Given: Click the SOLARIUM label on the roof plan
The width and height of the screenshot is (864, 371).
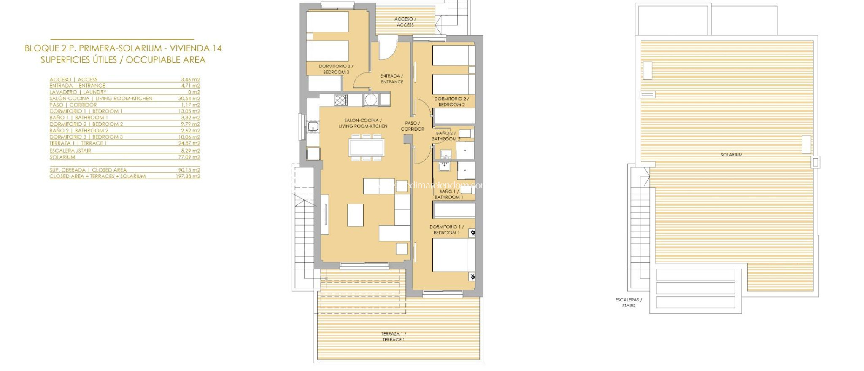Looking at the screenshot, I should [x=732, y=155].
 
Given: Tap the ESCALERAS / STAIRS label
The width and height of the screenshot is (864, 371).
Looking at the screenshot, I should [x=628, y=303].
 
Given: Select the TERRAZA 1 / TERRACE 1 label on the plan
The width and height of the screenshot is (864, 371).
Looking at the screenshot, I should [x=393, y=336].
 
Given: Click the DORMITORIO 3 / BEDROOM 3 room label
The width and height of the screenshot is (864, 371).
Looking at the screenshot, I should [x=336, y=69].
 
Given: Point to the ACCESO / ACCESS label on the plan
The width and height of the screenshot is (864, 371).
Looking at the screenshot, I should [x=405, y=22].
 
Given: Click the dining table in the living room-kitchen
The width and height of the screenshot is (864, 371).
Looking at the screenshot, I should [x=367, y=148].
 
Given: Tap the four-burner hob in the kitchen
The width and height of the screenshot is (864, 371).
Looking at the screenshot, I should [x=341, y=100].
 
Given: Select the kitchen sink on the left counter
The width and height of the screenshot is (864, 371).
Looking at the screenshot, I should [x=313, y=126].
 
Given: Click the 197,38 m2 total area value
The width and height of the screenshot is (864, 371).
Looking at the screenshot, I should [x=188, y=176].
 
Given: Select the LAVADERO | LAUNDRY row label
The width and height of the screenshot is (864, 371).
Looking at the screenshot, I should [x=78, y=92].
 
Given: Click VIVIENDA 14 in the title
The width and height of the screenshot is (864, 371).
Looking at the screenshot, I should [x=196, y=48].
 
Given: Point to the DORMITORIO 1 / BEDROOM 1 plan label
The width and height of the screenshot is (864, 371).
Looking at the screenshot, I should [x=446, y=229].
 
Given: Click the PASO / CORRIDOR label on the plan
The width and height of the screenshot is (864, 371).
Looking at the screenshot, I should [x=412, y=126].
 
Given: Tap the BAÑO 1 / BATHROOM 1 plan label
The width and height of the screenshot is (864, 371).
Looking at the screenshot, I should [x=448, y=194].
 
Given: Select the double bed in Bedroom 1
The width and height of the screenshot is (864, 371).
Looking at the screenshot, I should [x=450, y=255].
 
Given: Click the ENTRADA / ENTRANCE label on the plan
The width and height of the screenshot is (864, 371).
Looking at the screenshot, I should [x=392, y=79].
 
